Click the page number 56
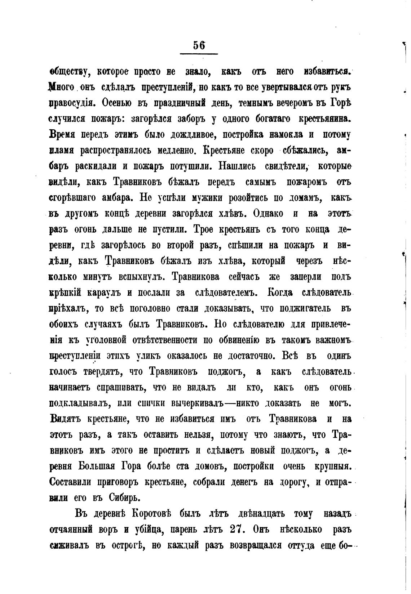coord(199,45)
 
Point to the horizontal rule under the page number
coord(199,54)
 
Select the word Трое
coord(205,229)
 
